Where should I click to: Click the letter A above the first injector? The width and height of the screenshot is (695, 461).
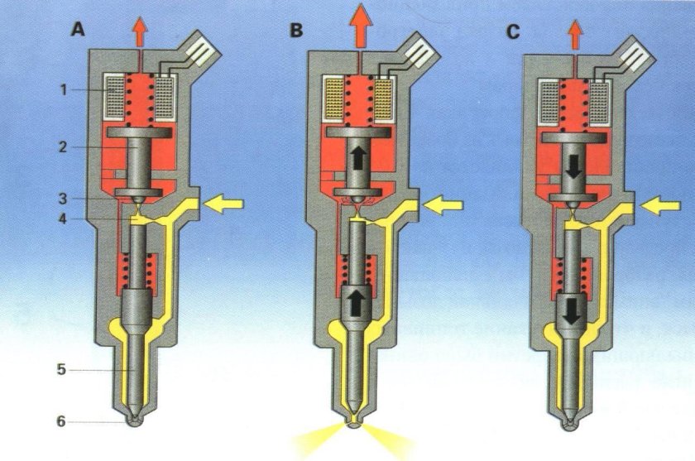79,30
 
